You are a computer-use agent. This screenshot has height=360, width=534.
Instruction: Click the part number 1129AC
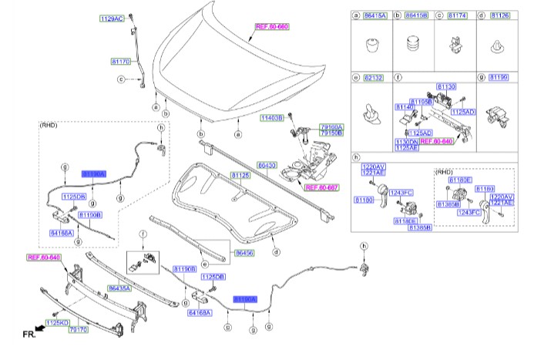point(111,17)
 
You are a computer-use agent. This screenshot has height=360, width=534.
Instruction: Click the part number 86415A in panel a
point(375,15)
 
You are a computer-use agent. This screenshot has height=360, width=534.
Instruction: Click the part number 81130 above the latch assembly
point(446,88)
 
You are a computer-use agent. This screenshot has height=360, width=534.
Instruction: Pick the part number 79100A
point(332,126)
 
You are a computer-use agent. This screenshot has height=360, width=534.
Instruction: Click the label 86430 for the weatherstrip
point(267,165)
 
